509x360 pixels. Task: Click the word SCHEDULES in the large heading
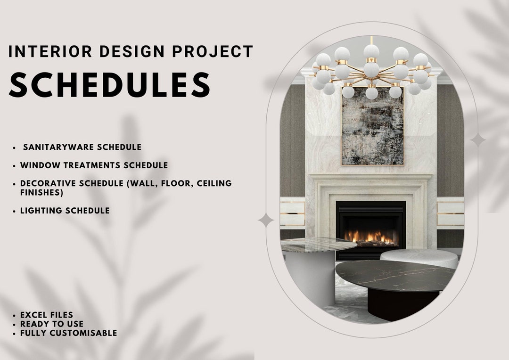109,85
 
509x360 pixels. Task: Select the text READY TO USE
52,324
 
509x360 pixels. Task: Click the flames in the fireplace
370,237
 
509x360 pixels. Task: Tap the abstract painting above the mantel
372,126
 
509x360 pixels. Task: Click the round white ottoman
419,258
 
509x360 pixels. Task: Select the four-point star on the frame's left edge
266,220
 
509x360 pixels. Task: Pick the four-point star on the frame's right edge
477,139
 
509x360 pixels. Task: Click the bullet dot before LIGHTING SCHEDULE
15,211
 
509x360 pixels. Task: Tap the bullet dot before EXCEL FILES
15,315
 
